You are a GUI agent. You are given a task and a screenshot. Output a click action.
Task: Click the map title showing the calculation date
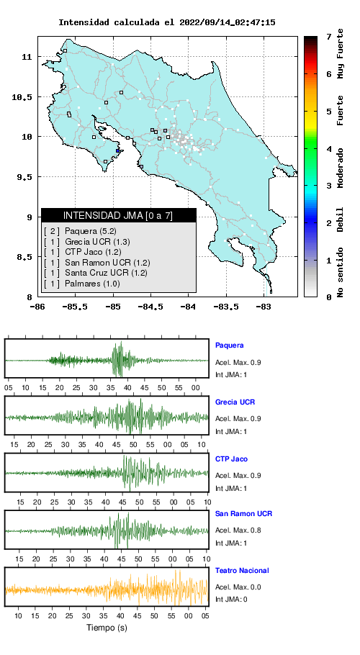[x=166, y=22]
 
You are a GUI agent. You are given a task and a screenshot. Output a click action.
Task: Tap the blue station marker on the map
[x=118, y=151]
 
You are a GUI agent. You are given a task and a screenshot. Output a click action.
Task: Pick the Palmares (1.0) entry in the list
[x=82, y=284]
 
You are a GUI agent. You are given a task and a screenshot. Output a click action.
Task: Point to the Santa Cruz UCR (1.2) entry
[x=95, y=274]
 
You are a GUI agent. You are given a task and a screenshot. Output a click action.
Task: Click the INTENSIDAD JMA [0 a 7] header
[x=118, y=215]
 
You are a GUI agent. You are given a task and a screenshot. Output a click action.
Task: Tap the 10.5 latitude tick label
[x=21, y=97]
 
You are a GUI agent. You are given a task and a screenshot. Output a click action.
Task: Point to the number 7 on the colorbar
[x=329, y=37]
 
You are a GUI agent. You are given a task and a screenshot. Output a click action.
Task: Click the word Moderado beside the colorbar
[x=341, y=168]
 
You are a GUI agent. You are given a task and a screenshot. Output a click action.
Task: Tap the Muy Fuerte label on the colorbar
[x=341, y=54]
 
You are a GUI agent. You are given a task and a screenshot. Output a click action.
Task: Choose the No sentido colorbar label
[x=341, y=272]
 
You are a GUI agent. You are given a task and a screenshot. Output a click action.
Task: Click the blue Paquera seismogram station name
[x=229, y=345]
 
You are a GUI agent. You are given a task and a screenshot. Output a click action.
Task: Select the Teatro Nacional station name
[x=242, y=570]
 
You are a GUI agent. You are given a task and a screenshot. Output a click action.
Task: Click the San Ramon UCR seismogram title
[x=243, y=513]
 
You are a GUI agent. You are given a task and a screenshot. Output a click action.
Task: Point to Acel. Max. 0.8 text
[x=238, y=530]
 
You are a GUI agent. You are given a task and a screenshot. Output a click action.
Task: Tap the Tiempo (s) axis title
[x=107, y=628]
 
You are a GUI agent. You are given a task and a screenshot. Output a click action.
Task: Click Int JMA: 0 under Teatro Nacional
[x=231, y=600]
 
